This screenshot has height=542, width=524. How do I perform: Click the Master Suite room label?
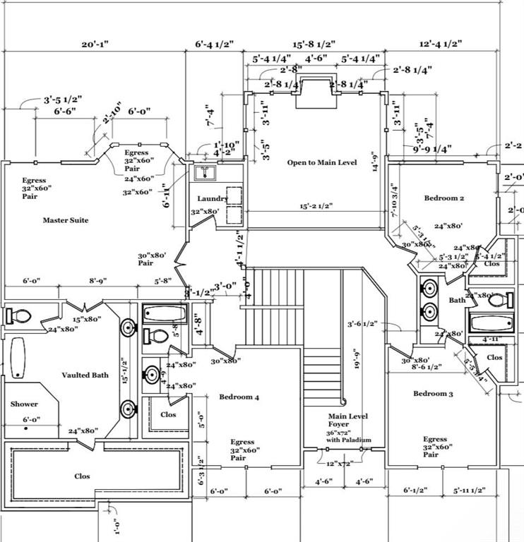coord(66,220)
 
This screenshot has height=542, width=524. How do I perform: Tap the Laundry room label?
coord(213,199)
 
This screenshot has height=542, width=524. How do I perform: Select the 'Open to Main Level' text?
coord(322,162)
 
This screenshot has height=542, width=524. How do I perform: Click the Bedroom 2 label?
coord(443,198)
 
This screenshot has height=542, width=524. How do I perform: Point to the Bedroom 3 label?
coord(433,393)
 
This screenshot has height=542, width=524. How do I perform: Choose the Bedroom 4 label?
coord(239,397)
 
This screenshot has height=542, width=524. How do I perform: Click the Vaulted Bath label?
coord(85,375)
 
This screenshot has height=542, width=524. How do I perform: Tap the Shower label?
coord(24,404)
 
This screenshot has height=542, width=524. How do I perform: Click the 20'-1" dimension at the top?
coord(94,44)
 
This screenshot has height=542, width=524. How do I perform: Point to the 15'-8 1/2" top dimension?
coord(314,44)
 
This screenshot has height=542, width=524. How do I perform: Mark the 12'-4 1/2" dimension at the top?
coord(440,44)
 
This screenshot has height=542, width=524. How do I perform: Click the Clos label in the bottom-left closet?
coord(83,476)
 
